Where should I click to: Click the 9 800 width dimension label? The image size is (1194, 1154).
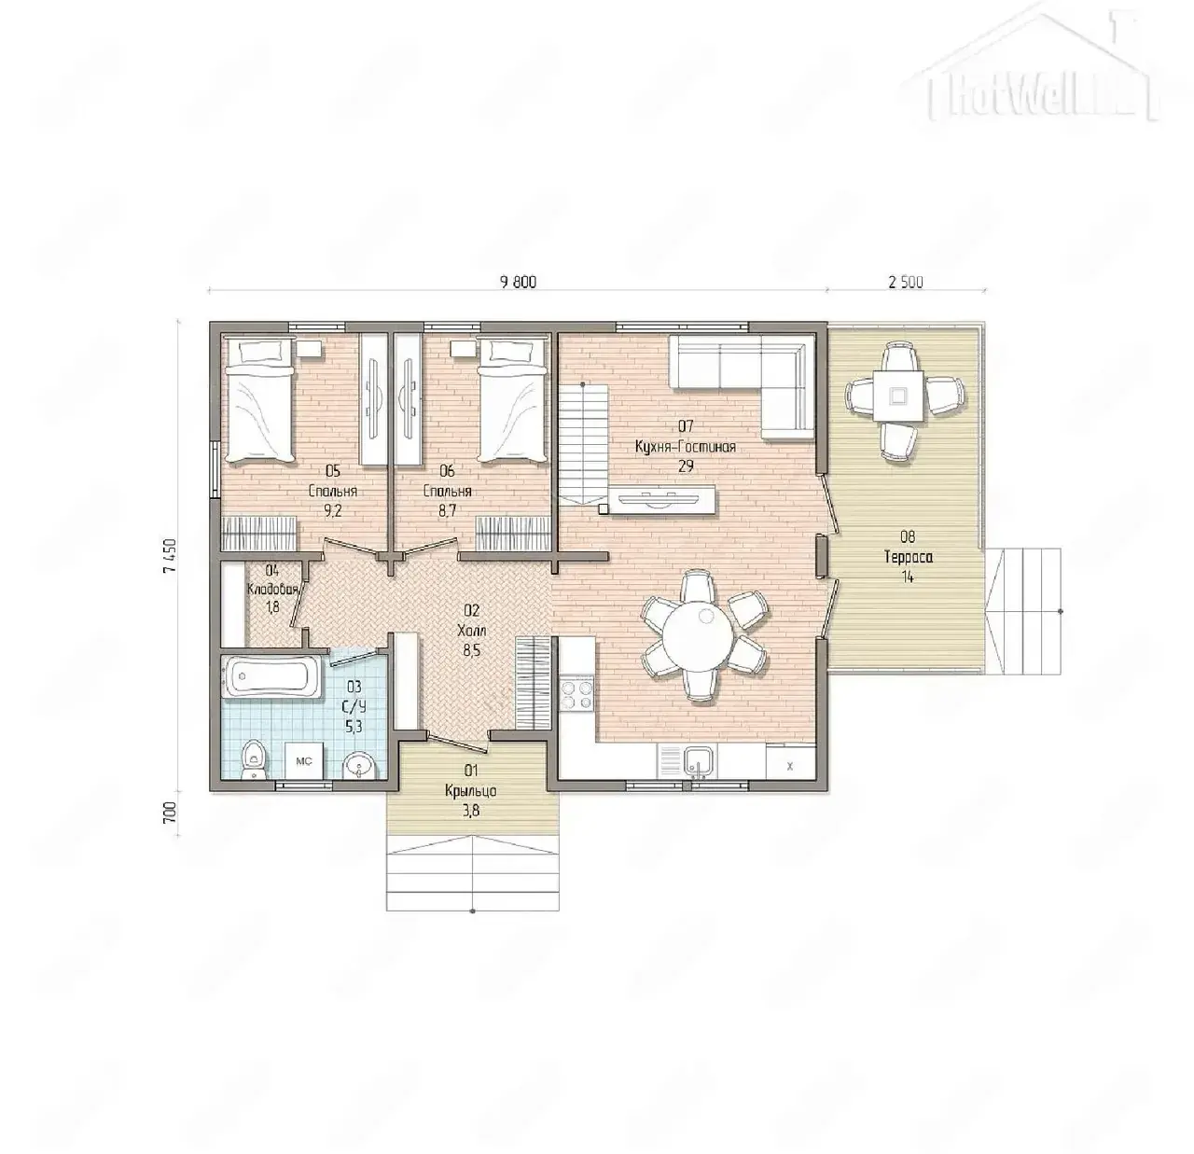(518, 283)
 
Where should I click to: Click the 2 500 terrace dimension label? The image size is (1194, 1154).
(905, 283)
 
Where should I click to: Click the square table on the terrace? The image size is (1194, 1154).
(898, 396)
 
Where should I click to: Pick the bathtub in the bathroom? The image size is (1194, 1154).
(272, 676)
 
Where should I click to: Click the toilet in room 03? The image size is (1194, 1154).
(254, 760)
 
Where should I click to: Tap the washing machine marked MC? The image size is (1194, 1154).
(304, 761)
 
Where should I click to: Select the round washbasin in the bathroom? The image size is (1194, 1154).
(359, 765)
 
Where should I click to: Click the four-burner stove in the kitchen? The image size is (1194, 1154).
(576, 692)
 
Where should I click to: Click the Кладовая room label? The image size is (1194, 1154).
(272, 590)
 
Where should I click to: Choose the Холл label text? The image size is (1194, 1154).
(471, 630)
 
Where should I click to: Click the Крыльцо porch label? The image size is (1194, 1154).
(471, 791)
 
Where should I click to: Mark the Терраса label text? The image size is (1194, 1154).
(908, 557)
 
